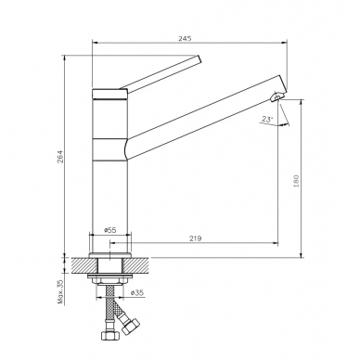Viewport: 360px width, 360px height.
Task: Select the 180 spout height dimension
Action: pos(296,181)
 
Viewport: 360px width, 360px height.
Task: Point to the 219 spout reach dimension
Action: pos(195,238)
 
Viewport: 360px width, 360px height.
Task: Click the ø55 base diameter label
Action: pos(109,230)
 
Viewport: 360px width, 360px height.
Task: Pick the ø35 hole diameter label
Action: pos(137,292)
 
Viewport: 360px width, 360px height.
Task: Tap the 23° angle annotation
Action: pos(266,119)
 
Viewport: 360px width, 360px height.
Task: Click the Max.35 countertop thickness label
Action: pos(60,291)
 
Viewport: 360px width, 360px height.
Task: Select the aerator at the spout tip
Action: pos(276,97)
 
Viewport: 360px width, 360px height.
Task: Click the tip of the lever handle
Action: pos(199,59)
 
